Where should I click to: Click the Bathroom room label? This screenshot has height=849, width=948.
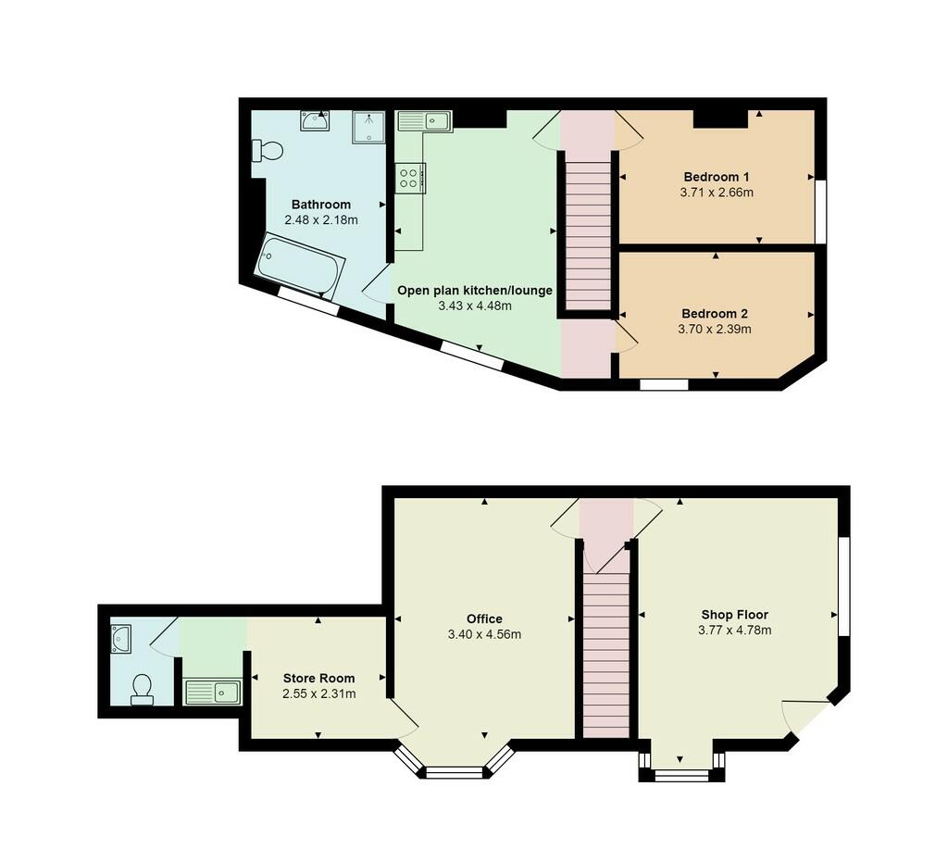pos(321,205)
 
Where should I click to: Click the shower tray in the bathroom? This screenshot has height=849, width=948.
pos(368,127)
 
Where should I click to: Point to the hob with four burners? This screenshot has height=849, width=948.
pos(410,178)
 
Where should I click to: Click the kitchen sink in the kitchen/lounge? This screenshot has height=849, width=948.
pos(424,121)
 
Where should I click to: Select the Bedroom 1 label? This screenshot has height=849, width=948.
pos(717,177)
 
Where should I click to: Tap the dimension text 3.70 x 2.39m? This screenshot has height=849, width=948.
pos(715,330)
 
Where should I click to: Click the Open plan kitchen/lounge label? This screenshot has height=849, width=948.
pos(475,291)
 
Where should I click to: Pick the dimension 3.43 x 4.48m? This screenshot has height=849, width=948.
pos(475,306)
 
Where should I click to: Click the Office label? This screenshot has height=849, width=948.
pos(484,618)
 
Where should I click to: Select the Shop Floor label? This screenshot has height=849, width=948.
pos(734,615)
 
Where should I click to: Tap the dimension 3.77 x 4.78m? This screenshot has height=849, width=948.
pos(734,631)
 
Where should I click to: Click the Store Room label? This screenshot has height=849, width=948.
pos(319,679)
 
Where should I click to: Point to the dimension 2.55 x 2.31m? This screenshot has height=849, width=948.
pos(319,694)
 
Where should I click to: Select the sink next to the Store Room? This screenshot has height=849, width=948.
pos(212,692)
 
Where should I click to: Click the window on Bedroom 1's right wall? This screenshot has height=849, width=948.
pos(820,211)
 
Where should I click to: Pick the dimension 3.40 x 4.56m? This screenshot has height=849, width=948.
pos(484,634)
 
